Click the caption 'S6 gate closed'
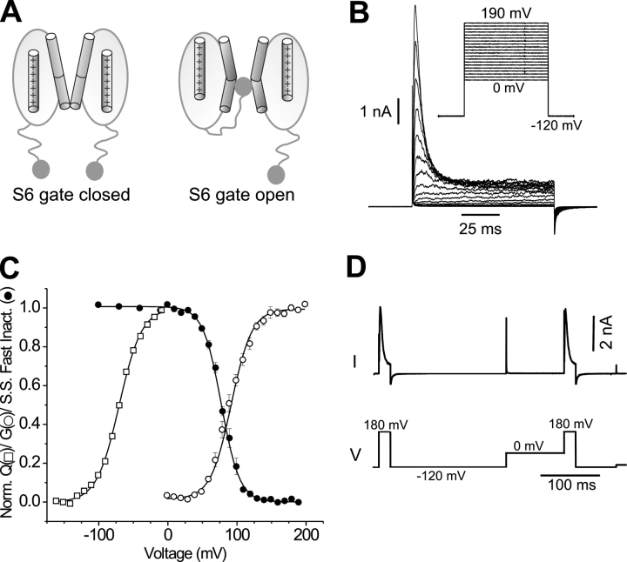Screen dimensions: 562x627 pyautogui.click(x=71, y=193)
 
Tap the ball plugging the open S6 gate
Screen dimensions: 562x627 pyautogui.click(x=243, y=86)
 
